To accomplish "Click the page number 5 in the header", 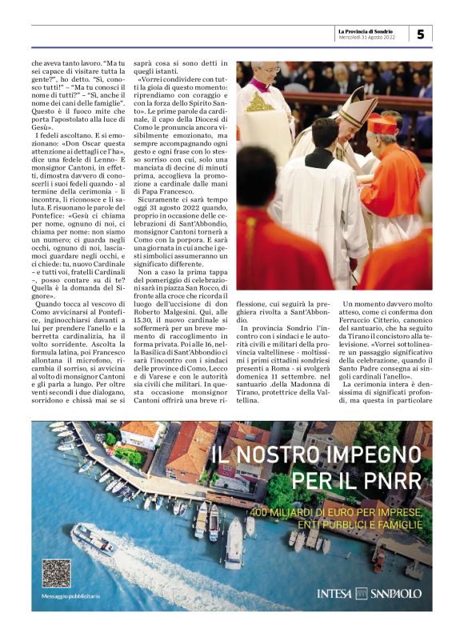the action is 421,34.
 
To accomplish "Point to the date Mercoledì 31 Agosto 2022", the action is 367,38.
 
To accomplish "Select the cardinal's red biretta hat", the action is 382,124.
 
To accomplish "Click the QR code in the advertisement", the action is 56,573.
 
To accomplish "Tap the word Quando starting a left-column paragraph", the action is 51,304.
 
